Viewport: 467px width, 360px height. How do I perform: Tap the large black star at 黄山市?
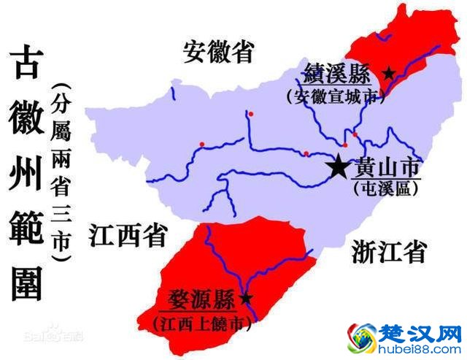(339, 167)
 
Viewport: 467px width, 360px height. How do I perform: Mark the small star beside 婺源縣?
(246, 298)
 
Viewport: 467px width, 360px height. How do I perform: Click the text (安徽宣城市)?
(336, 96)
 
